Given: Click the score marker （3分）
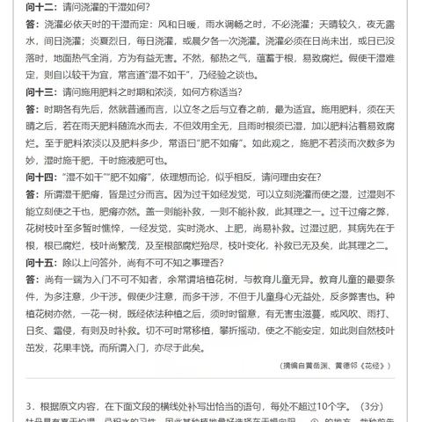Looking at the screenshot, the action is pyautogui.click(x=397, y=406).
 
